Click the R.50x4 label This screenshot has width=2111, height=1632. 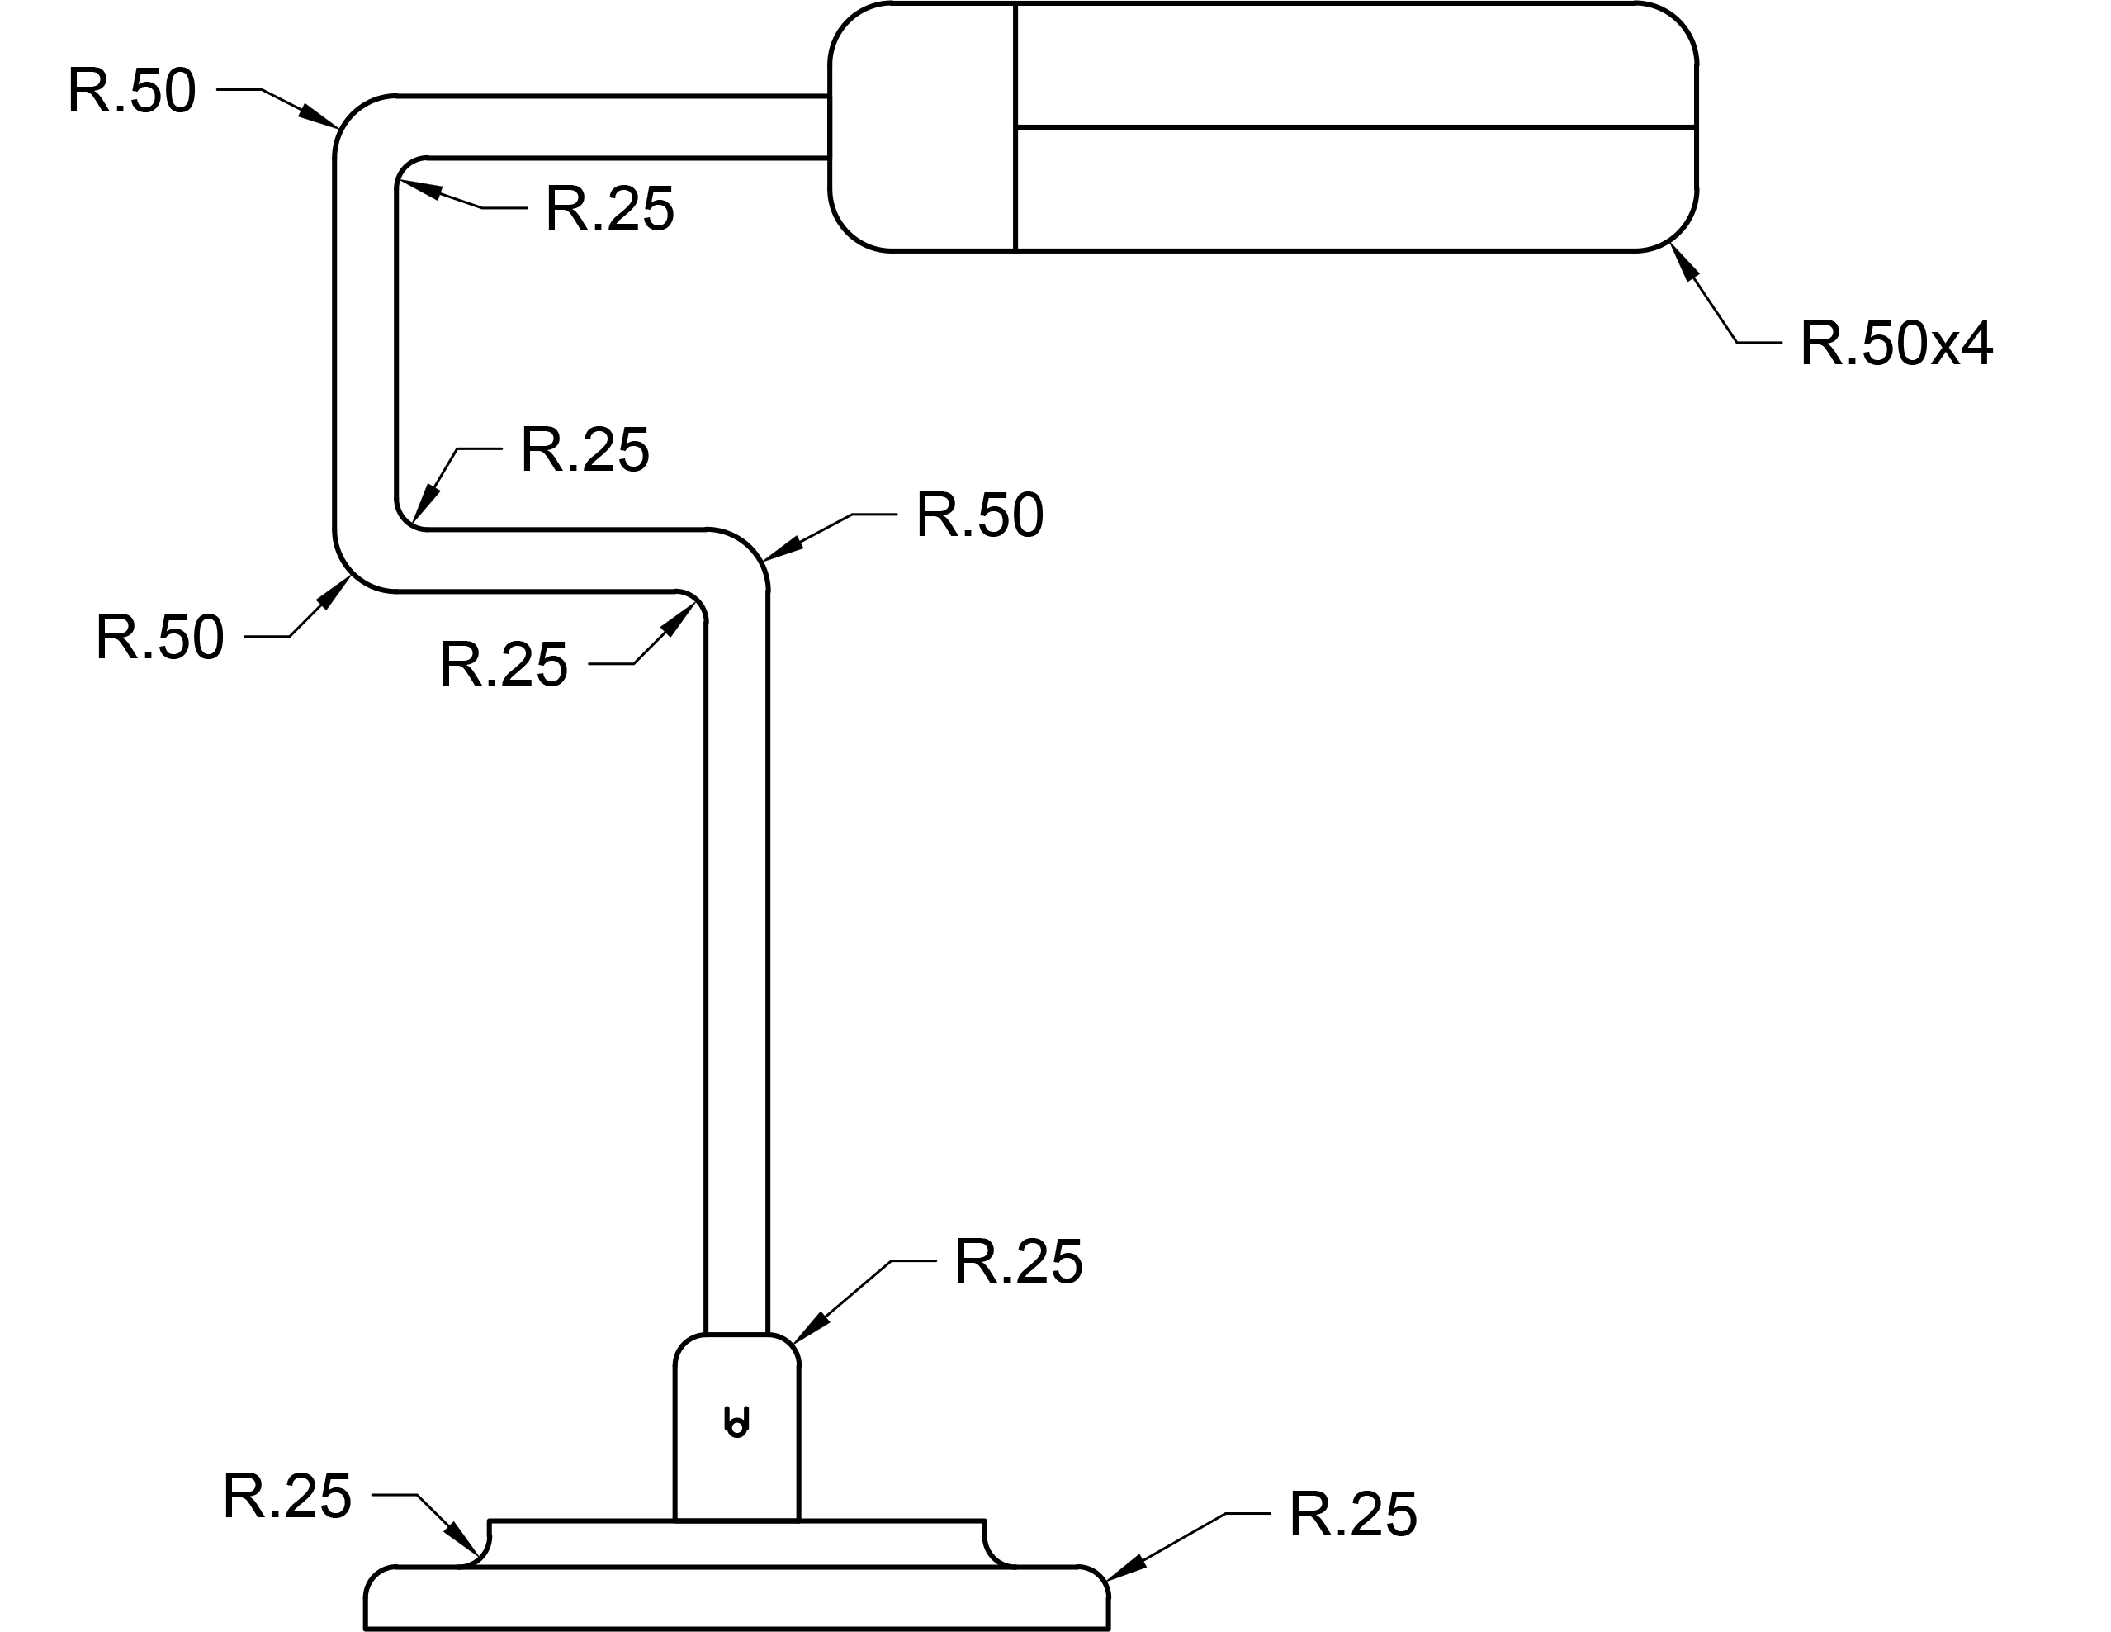[x=1896, y=344]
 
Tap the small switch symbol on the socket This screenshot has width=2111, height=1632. [x=736, y=1423]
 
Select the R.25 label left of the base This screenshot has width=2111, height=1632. [x=287, y=1497]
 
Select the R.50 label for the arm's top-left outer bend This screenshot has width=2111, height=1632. [x=131, y=92]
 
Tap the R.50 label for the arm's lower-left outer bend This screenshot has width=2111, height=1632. [x=159, y=638]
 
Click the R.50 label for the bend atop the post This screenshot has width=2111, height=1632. [x=979, y=515]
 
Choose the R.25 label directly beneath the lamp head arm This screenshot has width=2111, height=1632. [x=609, y=209]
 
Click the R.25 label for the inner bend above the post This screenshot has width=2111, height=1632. [x=504, y=665]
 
